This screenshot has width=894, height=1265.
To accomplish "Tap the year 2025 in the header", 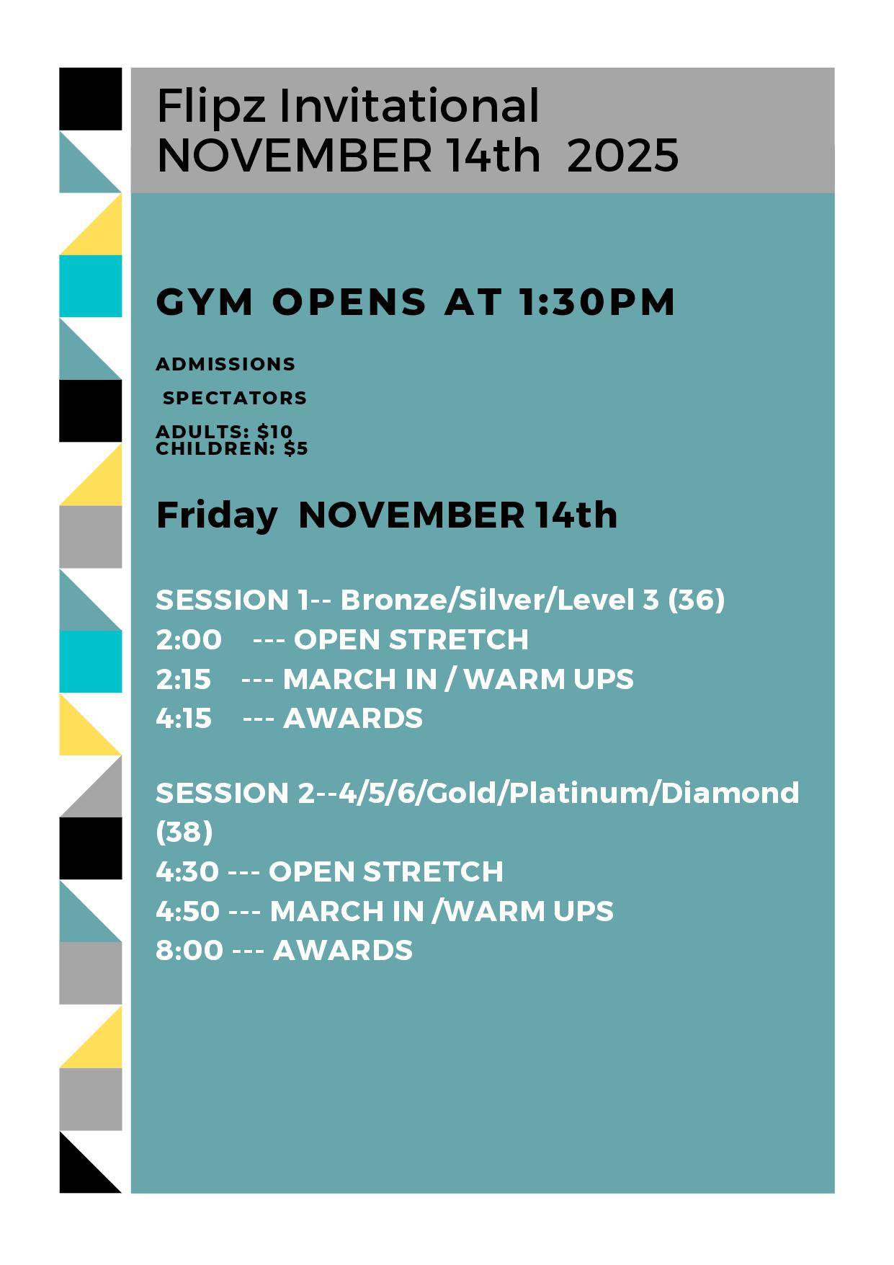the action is tap(622, 156).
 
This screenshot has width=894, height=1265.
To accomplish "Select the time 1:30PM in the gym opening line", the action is tap(596, 302).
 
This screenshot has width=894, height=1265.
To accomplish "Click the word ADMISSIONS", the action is tap(225, 364).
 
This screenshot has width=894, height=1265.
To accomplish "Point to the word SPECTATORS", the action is tap(235, 398).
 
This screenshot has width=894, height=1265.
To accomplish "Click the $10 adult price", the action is tap(274, 431).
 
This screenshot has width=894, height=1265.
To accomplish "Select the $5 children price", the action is tap(295, 448).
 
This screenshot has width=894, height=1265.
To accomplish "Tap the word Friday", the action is tap(217, 516).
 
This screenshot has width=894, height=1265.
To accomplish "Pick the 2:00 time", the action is tap(189, 639).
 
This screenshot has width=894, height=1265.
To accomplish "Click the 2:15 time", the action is tap(184, 679).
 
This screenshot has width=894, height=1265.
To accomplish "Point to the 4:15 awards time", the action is tap(184, 718).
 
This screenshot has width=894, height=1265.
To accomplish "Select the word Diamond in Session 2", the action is tap(730, 793).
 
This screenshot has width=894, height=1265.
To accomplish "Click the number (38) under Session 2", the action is tap(184, 833).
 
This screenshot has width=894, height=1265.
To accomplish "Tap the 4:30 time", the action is tap(187, 872).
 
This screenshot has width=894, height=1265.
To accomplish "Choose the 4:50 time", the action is tap(188, 912).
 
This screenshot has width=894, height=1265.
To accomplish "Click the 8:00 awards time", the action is tap(189, 951).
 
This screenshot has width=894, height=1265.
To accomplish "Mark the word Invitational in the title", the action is tap(409, 106).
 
